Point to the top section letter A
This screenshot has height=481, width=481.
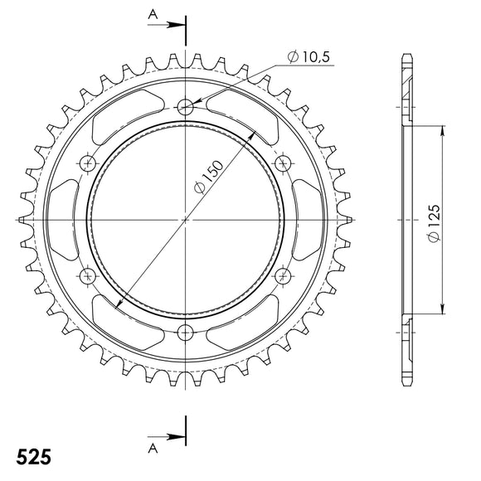coord(153,13)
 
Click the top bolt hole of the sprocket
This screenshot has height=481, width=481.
coord(186,106)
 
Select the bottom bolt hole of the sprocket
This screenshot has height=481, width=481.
coord(186,333)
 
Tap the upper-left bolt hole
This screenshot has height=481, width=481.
coord(88,163)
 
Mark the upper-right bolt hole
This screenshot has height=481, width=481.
coord(284,163)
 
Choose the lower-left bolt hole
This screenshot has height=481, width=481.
coord(88,276)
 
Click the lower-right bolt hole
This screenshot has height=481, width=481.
coord(284,276)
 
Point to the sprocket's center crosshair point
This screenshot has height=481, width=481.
coord(186,220)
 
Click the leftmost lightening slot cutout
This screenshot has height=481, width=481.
coord(63,220)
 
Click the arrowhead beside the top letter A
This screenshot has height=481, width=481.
coord(177,26)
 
